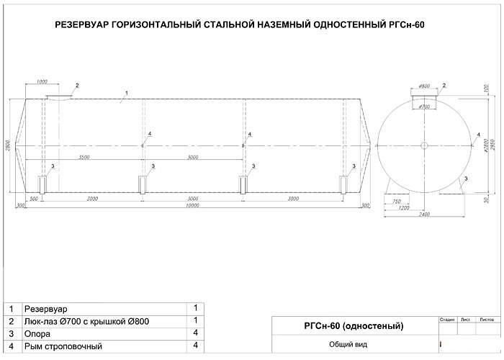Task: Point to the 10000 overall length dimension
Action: [192, 205]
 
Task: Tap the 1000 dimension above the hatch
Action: [42, 81]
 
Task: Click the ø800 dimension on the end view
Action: [424, 86]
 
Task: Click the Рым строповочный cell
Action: [63, 346]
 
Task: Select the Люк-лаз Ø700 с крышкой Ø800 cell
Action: [86, 321]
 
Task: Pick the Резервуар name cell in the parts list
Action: [46, 308]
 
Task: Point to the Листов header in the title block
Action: [486, 318]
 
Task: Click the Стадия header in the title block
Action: [446, 318]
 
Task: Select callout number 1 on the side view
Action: [126, 94]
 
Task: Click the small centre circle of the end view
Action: [424, 146]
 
